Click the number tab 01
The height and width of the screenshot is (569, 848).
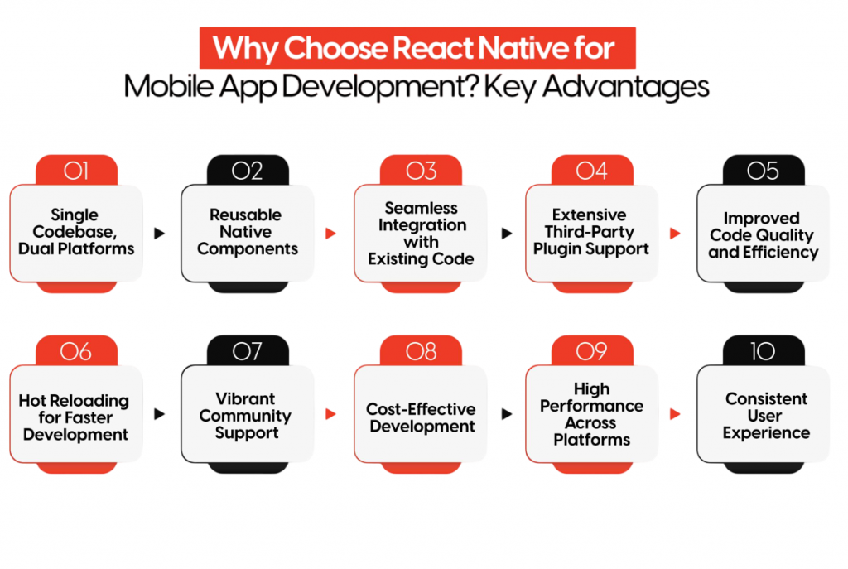tap(76, 171)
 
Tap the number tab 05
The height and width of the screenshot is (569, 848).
tap(763, 171)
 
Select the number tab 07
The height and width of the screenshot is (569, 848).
tap(248, 351)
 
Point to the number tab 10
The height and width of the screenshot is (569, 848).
tap(763, 351)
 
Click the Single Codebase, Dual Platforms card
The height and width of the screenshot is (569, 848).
tap(76, 233)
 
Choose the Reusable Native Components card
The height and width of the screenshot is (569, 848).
tap(248, 233)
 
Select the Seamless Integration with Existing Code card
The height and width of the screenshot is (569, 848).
tap(421, 233)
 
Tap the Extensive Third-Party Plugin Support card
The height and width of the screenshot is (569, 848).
tap(591, 233)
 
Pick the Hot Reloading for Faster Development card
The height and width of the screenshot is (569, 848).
tap(76, 416)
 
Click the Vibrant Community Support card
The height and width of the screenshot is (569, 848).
tap(248, 416)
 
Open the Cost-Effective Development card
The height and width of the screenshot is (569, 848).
tap(421, 416)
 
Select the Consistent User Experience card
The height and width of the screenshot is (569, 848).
tap(763, 416)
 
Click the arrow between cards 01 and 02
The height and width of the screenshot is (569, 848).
tap(160, 234)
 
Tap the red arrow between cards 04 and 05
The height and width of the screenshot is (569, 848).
tap(676, 234)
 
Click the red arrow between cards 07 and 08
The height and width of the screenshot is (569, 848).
tap(331, 414)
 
